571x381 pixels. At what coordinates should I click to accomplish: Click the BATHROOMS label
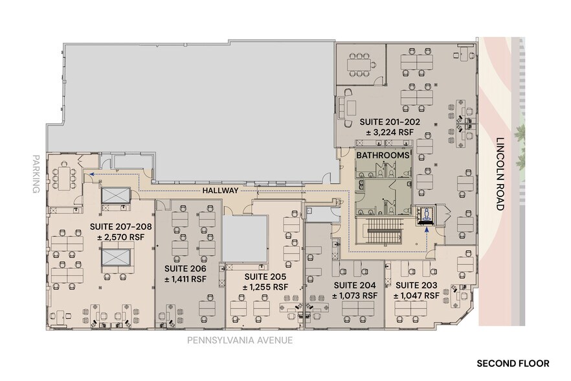click(x=383, y=156)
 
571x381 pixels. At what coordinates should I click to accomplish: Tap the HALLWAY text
click(x=220, y=190)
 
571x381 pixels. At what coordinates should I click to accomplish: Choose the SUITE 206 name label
click(x=185, y=268)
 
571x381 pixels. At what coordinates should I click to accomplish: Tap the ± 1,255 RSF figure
click(x=266, y=286)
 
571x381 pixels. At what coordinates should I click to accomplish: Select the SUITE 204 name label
click(x=354, y=284)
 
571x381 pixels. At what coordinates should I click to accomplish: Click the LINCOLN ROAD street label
click(x=499, y=174)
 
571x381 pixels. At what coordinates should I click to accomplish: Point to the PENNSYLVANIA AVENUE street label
click(x=240, y=340)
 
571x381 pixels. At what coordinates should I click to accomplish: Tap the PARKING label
click(x=35, y=173)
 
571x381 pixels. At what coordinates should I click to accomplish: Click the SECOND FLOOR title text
click(x=513, y=364)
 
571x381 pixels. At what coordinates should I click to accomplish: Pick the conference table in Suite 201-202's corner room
click(x=360, y=64)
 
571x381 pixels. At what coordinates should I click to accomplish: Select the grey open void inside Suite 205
click(x=245, y=238)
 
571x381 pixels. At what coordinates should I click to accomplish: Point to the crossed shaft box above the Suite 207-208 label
click(x=115, y=196)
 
